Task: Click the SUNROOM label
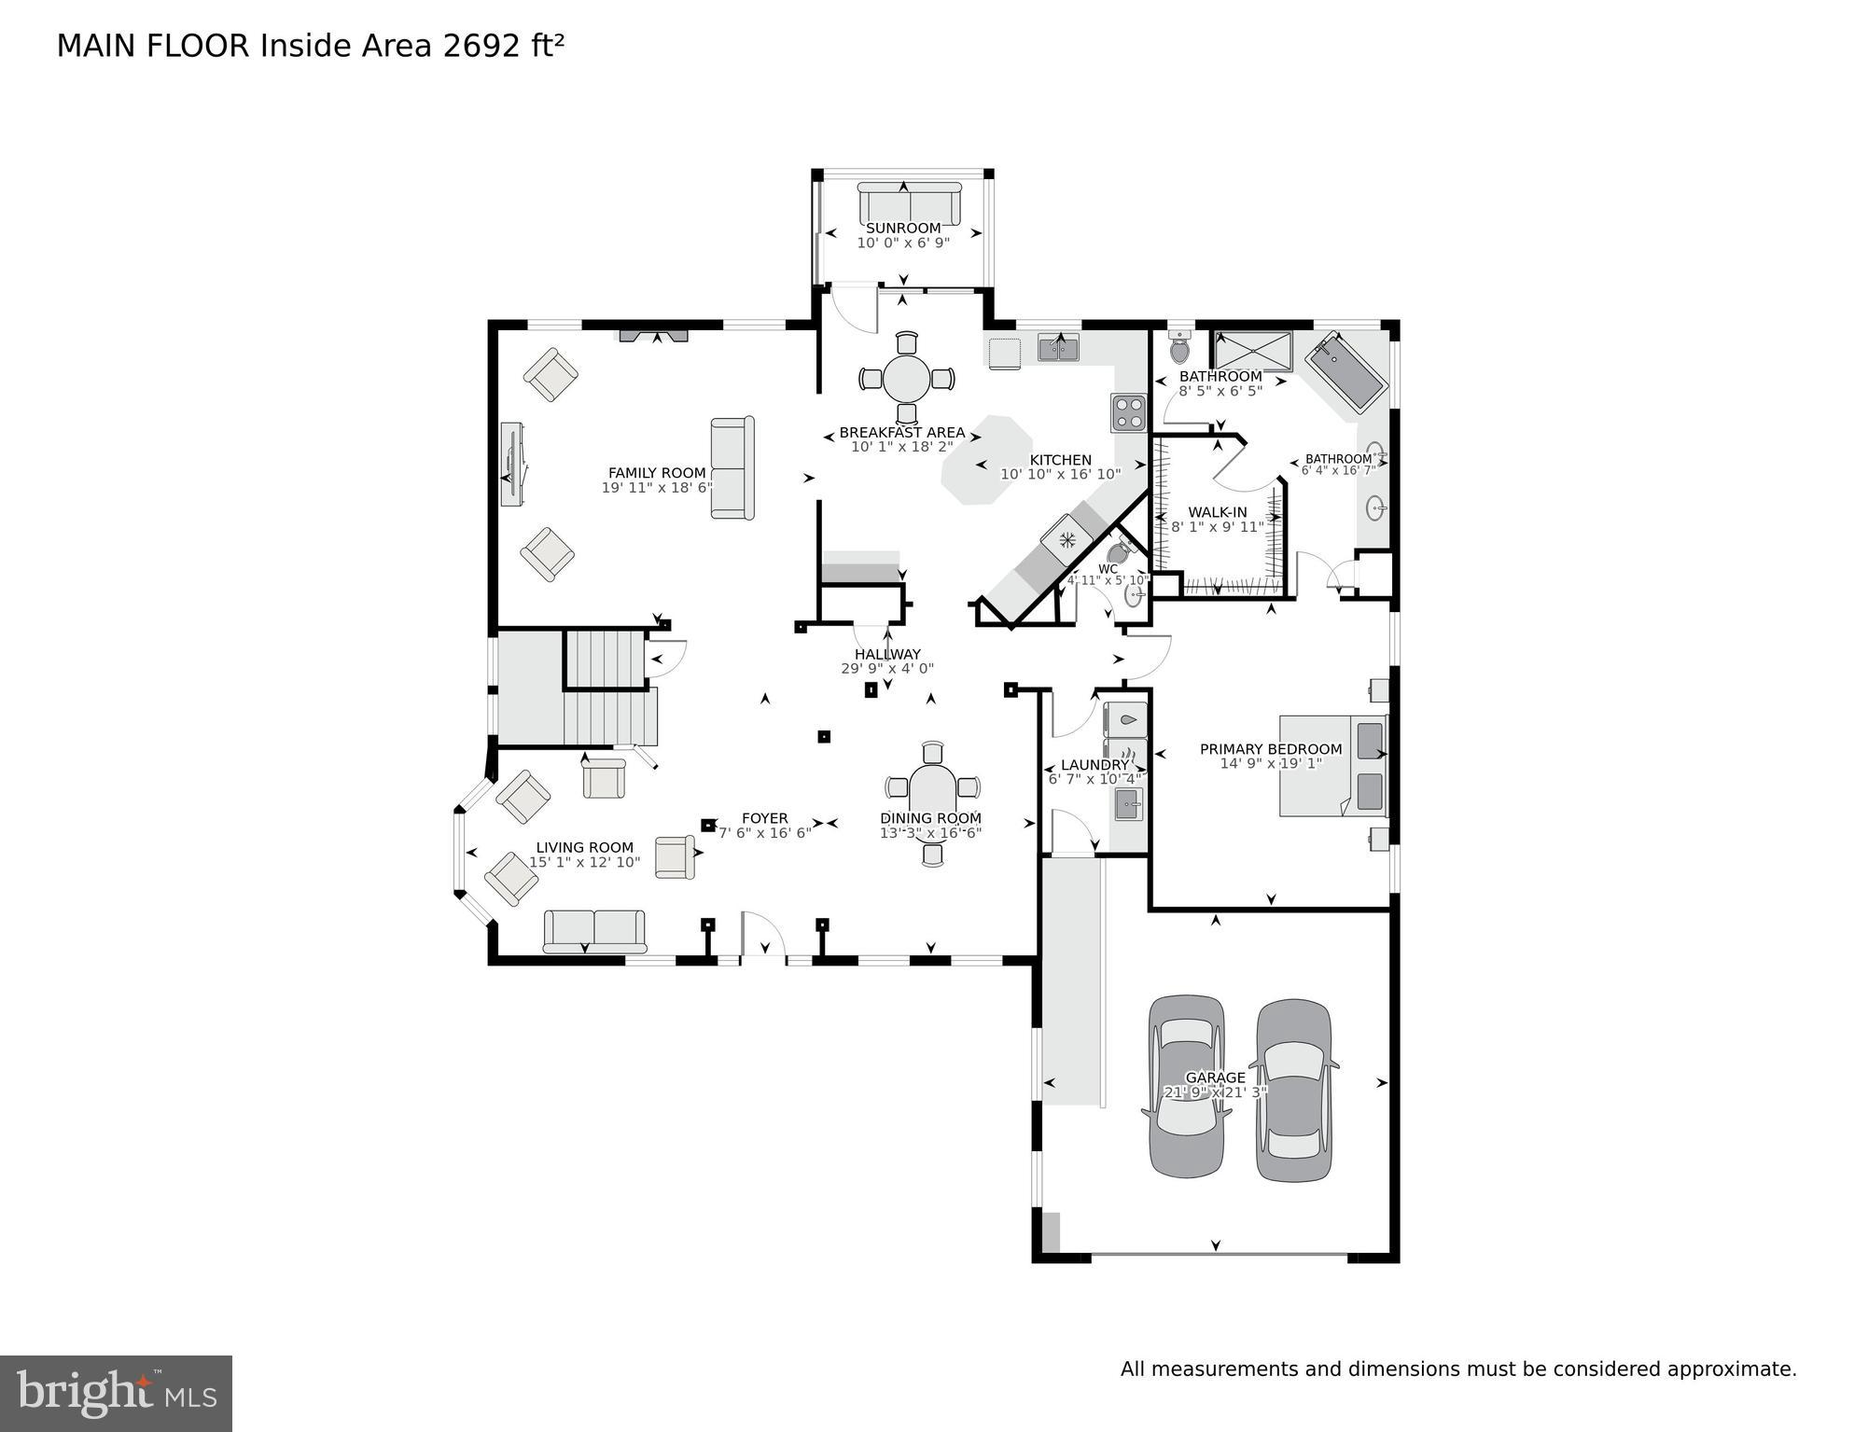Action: point(902,228)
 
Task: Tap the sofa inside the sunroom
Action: point(909,202)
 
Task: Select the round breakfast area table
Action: point(906,379)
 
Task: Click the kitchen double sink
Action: point(1058,348)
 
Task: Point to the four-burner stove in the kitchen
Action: point(1128,412)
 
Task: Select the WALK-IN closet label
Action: point(1217,512)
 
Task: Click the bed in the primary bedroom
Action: point(1331,765)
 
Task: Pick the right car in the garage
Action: point(1293,1090)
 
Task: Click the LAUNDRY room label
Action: point(1094,765)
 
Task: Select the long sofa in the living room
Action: point(594,930)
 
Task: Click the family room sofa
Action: point(732,467)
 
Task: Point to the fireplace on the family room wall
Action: point(654,335)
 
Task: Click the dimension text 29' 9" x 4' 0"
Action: point(886,668)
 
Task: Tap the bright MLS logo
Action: point(116,1393)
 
